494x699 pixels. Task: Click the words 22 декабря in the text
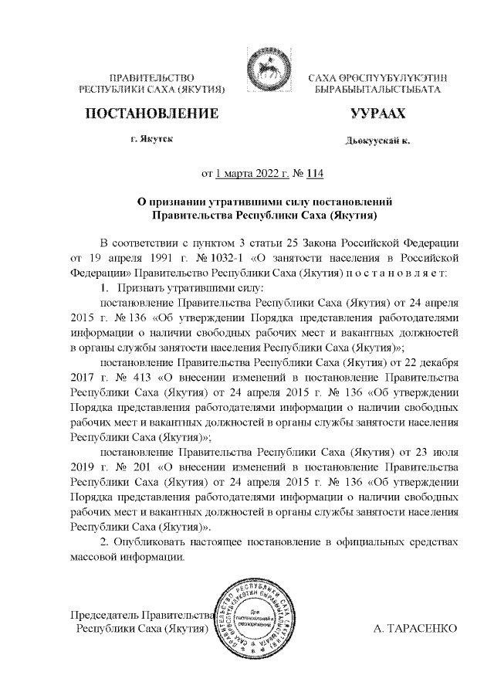(433, 361)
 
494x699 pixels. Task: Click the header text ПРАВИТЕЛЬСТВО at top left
(151, 79)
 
